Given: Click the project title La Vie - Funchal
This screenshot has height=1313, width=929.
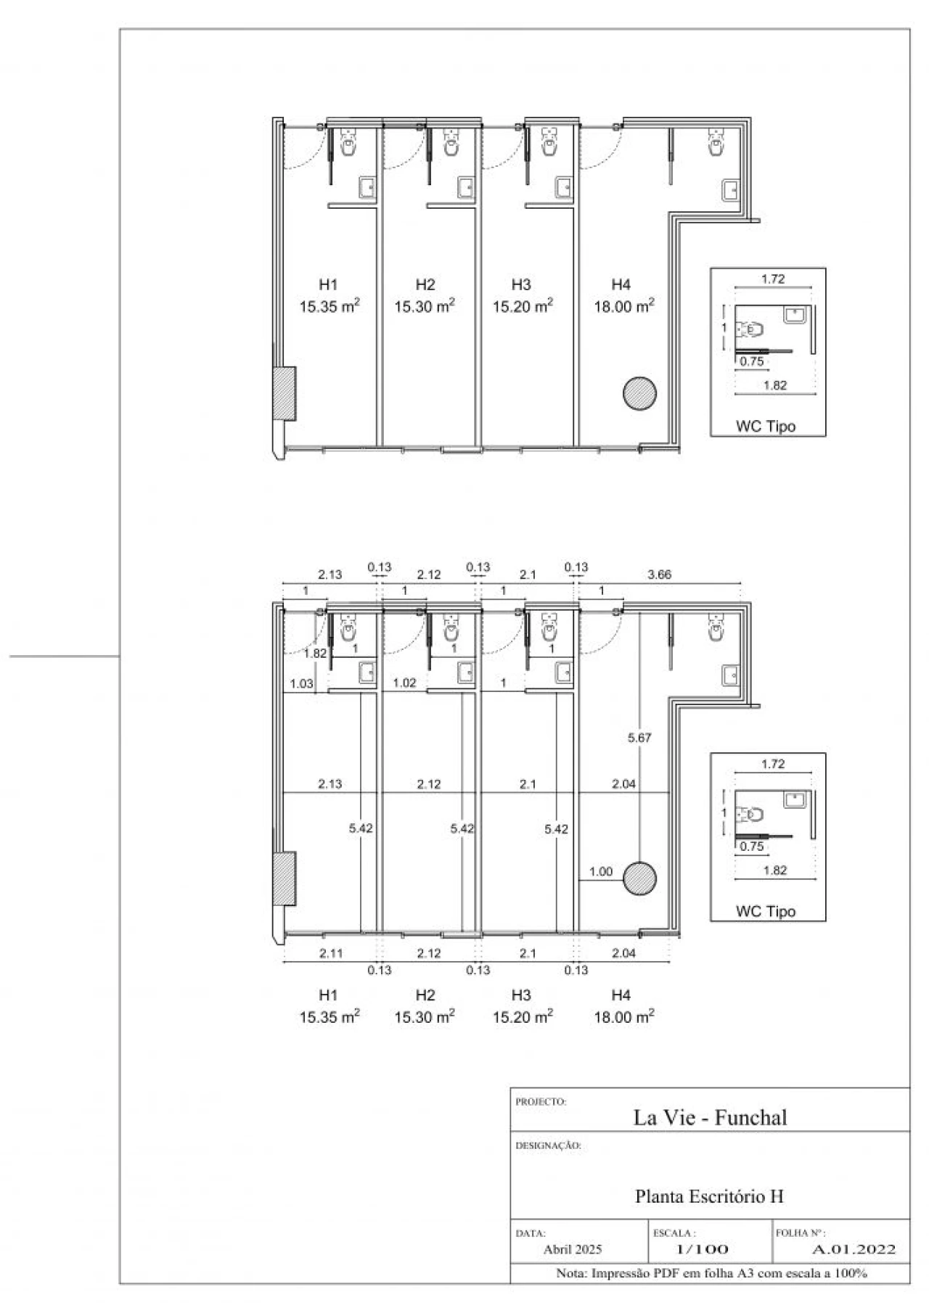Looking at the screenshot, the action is coord(710,1118).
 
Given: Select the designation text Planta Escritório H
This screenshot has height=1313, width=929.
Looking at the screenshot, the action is coord(709,1196).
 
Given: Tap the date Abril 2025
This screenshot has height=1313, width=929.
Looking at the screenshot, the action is coord(573,1249).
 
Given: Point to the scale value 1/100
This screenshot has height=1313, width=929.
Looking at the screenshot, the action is coord(702,1249).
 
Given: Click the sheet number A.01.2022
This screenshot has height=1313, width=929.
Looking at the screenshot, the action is coord(854,1249).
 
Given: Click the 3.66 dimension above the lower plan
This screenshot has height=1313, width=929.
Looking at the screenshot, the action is coord(659,575).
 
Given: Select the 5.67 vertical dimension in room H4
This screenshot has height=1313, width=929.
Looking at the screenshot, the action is coord(639,738).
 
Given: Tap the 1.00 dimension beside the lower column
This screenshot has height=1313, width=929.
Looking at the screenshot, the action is coord(601,872).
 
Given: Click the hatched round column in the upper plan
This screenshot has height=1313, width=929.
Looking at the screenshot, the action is coord(639,394).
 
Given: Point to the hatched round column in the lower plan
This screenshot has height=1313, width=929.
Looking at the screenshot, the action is coord(639,879).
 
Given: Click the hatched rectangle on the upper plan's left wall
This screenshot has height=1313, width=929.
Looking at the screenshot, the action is coord(284,393).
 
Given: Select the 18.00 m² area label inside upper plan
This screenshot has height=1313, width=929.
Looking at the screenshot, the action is coord(624,306).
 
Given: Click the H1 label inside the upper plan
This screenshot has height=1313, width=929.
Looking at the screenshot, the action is coord(328,284).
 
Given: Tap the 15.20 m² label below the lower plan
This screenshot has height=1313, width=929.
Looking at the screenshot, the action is coord(523,1016).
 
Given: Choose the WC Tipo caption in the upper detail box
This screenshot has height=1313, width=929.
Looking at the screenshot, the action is coord(766,427).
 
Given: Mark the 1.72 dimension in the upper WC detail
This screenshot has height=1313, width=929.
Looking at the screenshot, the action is coord(773,279).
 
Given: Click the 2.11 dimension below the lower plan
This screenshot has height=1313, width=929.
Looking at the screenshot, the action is coord(331,953).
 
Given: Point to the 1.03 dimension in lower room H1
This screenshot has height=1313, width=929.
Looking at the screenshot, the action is coord(301,683).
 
